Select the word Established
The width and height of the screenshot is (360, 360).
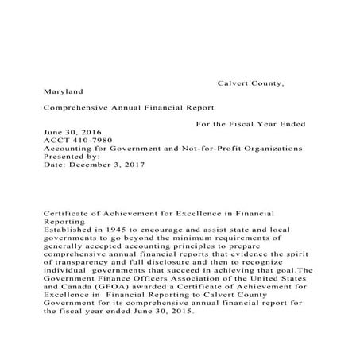coord(70,229)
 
